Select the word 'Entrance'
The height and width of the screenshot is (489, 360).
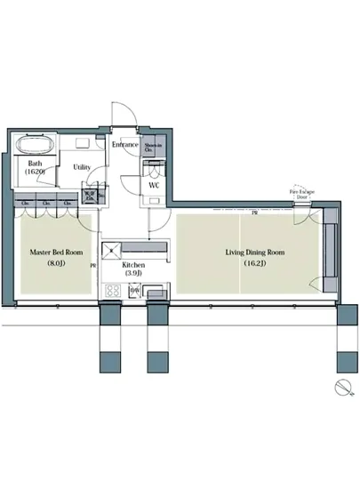pos(124,144)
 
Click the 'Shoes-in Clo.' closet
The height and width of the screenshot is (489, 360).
pos(153,148)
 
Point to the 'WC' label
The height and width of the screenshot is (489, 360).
pos(154,186)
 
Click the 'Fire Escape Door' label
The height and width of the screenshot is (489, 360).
pos(300,193)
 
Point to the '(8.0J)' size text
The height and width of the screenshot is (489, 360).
pos(52,264)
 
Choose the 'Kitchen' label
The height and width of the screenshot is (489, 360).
pos(132,265)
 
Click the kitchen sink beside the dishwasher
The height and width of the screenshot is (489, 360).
pos(156,291)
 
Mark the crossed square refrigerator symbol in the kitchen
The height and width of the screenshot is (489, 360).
pos(112,248)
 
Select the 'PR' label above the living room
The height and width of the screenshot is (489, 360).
pos(254,213)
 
